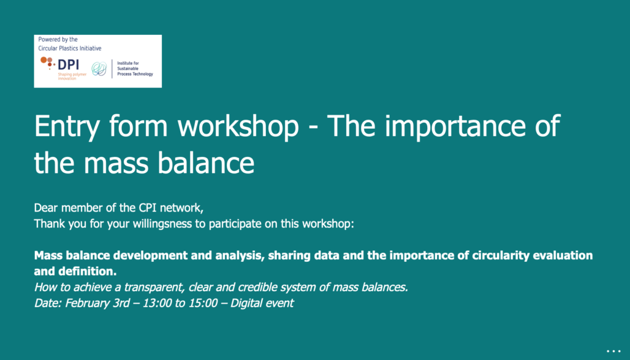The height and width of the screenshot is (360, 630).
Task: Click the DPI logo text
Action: pos(68,65)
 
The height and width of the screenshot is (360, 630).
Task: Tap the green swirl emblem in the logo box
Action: pos(99,69)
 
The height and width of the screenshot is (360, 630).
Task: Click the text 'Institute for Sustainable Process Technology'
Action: pos(135,68)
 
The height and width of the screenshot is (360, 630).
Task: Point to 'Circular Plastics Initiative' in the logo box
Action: pos(70,48)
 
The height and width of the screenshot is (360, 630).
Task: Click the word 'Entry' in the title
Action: pos(67,126)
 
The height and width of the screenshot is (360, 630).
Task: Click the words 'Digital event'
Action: pos(262,304)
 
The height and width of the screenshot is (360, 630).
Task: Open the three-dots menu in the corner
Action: pos(613,351)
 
